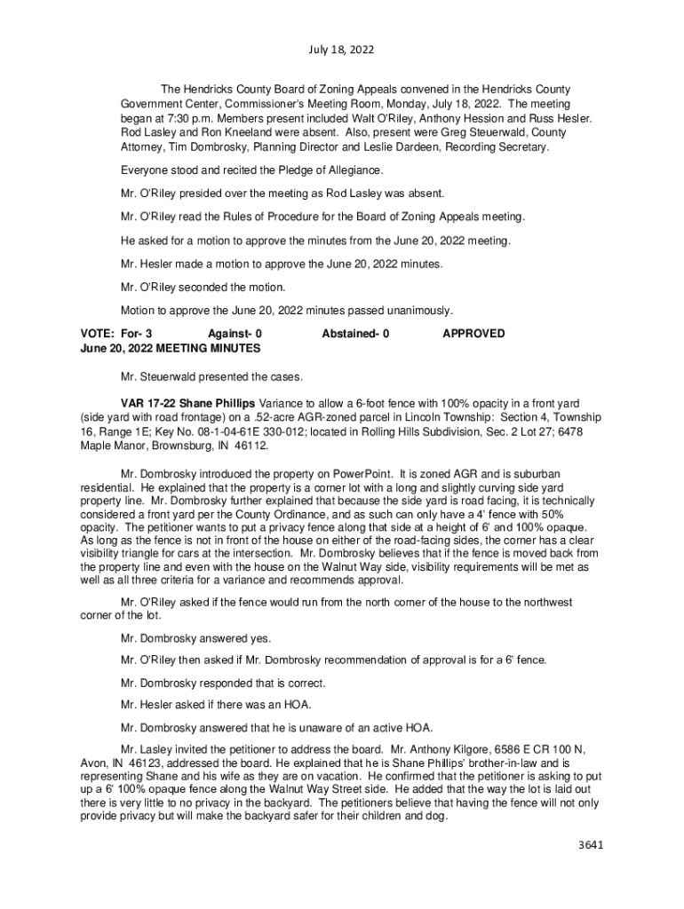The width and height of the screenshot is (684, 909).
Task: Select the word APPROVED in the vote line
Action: pos(473,334)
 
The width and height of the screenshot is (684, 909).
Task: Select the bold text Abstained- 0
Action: pos(356,334)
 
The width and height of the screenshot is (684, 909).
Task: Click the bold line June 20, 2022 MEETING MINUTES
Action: pos(158,348)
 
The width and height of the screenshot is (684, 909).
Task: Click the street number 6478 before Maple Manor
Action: pos(586,431)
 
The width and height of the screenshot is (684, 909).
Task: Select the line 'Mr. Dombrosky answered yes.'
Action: pos(196,638)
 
